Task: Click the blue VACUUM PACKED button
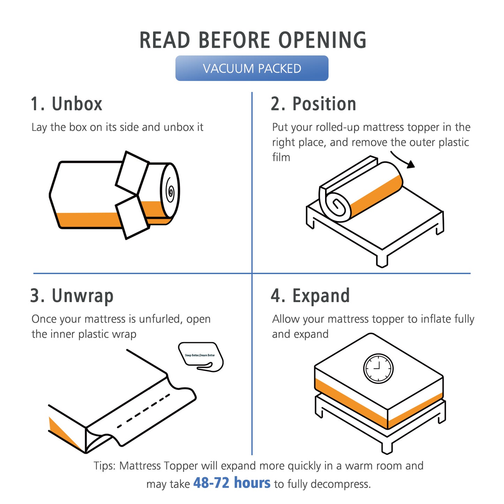pyautogui.click(x=251, y=68)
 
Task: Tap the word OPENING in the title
pyautogui.click(x=322, y=40)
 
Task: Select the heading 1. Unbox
pyautogui.click(x=66, y=104)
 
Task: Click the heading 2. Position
pyautogui.click(x=313, y=104)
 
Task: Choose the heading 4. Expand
pyautogui.click(x=310, y=296)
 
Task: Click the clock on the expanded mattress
pyautogui.click(x=378, y=368)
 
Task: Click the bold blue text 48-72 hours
pyautogui.click(x=232, y=483)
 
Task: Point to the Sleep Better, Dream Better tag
pyautogui.click(x=201, y=357)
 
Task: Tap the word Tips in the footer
pyautogui.click(x=104, y=466)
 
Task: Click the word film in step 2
pyautogui.click(x=281, y=157)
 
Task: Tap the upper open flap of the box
pyautogui.click(x=132, y=173)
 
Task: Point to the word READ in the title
pyautogui.click(x=165, y=40)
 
